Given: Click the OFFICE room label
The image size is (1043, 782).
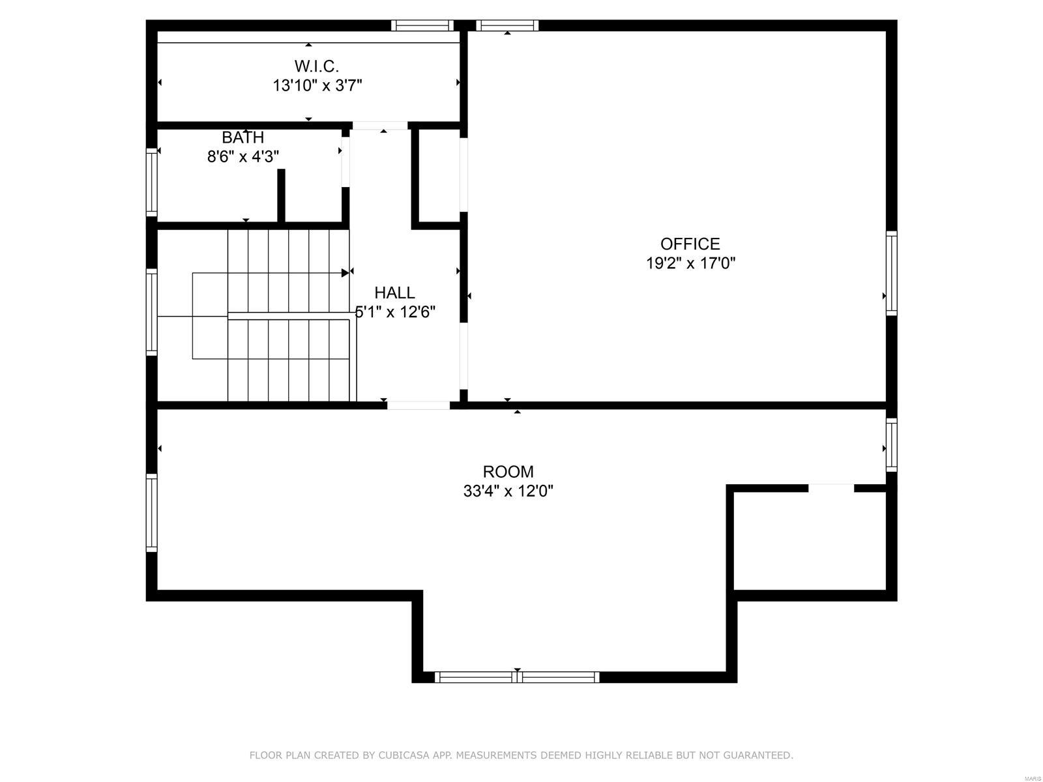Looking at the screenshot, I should [690, 244].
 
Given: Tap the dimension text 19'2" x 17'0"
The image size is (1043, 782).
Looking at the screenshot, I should [690, 263].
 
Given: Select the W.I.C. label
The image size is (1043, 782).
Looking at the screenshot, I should [317, 66].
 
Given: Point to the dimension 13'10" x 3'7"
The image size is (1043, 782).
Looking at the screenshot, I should [317, 85].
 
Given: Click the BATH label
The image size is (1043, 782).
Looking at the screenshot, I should [242, 138].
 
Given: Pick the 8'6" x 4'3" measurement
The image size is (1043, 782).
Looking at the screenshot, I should [242, 157].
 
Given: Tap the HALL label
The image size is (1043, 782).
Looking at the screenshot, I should [394, 293].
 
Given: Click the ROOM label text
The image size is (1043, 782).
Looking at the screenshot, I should [508, 471].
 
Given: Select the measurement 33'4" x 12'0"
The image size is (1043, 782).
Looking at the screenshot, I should [508, 491].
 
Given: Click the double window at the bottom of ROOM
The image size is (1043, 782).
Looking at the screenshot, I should [517, 677].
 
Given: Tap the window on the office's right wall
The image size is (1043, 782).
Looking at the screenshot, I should [891, 273].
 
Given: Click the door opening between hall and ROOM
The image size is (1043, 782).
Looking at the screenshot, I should [419, 405].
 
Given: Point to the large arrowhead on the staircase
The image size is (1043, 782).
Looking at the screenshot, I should [345, 272].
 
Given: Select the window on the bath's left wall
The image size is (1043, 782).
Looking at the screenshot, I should [151, 182].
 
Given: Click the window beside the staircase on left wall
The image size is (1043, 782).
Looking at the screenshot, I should [151, 311].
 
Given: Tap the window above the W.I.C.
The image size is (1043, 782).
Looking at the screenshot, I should [422, 25].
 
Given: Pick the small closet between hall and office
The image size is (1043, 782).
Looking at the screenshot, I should [439, 176].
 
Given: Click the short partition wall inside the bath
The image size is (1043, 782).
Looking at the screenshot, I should [281, 195].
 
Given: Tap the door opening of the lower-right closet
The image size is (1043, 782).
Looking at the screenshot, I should [830, 488].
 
